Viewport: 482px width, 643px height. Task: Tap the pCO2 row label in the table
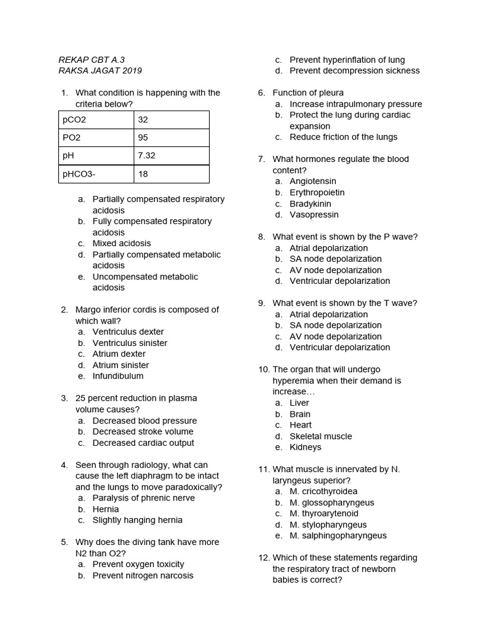[x=75, y=119]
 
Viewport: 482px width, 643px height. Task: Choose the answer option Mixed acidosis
[x=122, y=244]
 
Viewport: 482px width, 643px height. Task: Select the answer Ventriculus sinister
[x=130, y=343]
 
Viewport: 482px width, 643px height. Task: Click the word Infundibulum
[x=118, y=376]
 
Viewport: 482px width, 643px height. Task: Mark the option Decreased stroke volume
[x=143, y=432]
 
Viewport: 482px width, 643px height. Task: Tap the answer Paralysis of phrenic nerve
[x=144, y=498]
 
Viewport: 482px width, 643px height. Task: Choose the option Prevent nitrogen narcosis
[x=143, y=575]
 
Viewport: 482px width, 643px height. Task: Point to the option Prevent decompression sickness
[x=355, y=71]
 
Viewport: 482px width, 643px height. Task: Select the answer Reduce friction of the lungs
[x=343, y=137]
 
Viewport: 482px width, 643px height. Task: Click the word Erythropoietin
[x=317, y=193]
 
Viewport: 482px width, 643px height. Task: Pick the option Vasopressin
[x=314, y=215]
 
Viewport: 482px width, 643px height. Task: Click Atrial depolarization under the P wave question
[x=329, y=248]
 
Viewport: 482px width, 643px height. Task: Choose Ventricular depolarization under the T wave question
[x=340, y=347]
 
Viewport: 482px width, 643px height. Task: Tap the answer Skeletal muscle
[x=321, y=436]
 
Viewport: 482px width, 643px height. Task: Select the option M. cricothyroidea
[x=323, y=492]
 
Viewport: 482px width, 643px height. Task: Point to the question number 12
[x=264, y=558]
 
